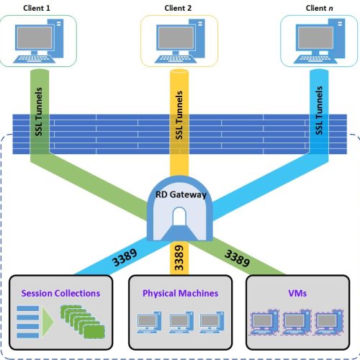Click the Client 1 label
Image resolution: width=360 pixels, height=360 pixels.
[37, 8]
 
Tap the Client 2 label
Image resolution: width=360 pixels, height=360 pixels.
[178, 8]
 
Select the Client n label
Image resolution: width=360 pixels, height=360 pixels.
[319, 8]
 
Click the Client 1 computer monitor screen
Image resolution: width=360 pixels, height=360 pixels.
[35, 37]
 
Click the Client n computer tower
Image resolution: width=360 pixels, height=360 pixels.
[337, 38]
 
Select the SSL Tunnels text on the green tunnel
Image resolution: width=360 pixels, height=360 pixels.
[39, 112]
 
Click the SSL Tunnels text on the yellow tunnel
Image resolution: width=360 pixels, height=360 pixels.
[179, 114]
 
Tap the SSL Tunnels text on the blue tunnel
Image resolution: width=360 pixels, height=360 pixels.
[319, 110]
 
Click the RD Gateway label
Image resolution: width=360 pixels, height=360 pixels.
[181, 194]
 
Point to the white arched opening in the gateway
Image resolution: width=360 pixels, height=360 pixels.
[179, 216]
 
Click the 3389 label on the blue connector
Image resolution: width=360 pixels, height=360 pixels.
[125, 257]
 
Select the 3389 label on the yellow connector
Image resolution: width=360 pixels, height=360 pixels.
[179, 258]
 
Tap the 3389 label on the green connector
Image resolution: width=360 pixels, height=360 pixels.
[237, 258]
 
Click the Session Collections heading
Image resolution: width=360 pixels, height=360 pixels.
[60, 293]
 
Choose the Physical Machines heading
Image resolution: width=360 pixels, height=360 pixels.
[181, 293]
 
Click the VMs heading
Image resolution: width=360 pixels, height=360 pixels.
[297, 293]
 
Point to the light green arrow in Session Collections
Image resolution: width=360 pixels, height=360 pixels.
[48, 322]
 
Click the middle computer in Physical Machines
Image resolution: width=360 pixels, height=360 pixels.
[181, 323]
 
